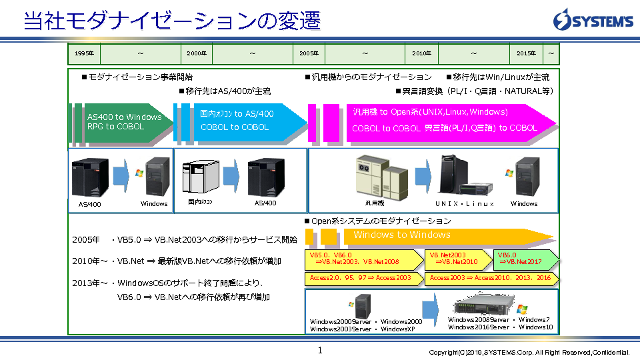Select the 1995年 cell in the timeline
click(x=84, y=53)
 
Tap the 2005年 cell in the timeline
click(x=309, y=53)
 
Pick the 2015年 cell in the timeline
click(x=526, y=53)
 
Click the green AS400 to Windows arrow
click(x=124, y=122)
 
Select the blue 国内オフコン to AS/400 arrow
click(x=237, y=121)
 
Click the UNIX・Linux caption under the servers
click(x=465, y=203)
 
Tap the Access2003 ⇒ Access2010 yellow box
click(x=490, y=278)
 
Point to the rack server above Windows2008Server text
click(x=486, y=306)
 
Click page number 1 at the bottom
click(x=320, y=350)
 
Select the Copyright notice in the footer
click(x=529, y=352)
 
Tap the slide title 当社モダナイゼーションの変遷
click(x=172, y=20)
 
